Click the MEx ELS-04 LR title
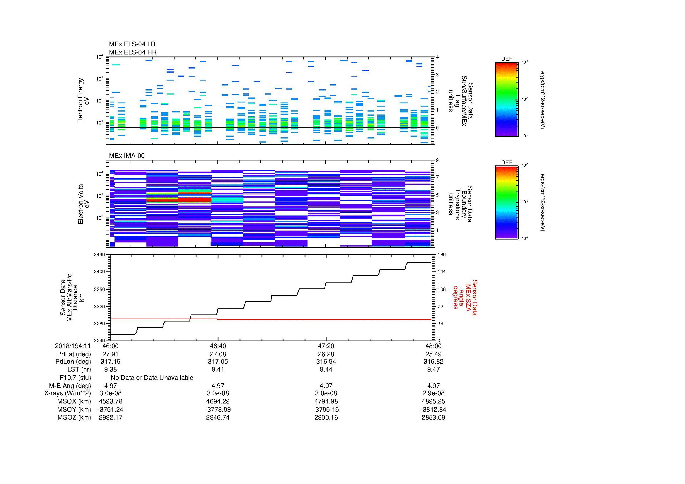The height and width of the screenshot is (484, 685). [x=132, y=44]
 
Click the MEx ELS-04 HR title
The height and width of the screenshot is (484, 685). [x=132, y=52]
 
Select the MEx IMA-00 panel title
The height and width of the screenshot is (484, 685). [x=127, y=156]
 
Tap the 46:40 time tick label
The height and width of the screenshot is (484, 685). [x=218, y=346]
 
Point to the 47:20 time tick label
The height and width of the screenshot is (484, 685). [x=326, y=346]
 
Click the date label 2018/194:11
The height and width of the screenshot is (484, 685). [x=73, y=346]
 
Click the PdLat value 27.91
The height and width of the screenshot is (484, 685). [x=110, y=354]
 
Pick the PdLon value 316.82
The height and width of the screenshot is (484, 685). [x=433, y=362]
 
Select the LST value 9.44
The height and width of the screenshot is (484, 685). [x=326, y=370]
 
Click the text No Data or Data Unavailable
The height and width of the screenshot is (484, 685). [x=152, y=377]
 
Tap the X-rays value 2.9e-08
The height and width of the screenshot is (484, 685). [x=433, y=393]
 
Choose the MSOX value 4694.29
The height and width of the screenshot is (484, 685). [x=218, y=401]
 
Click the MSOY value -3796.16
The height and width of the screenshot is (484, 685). [x=326, y=409]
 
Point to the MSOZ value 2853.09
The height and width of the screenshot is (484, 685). [x=433, y=418]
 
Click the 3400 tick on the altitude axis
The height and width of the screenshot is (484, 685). [x=100, y=272]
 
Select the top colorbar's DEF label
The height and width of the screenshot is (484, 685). [x=506, y=59]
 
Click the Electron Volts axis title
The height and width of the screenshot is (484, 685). [x=83, y=204]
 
